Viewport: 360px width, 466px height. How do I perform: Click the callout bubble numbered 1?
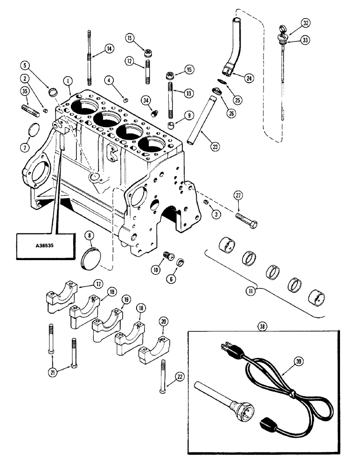pyautogui.click(x=68, y=81)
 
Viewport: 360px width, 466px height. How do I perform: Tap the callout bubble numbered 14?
pyautogui.click(x=109, y=48)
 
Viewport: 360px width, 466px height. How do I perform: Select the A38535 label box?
pyautogui.click(x=46, y=246)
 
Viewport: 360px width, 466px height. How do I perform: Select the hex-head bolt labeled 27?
pyautogui.click(x=245, y=218)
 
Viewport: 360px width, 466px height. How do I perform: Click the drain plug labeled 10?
pyautogui.click(x=167, y=255)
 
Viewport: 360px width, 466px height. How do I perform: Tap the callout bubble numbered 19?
pyautogui.click(x=125, y=301)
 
